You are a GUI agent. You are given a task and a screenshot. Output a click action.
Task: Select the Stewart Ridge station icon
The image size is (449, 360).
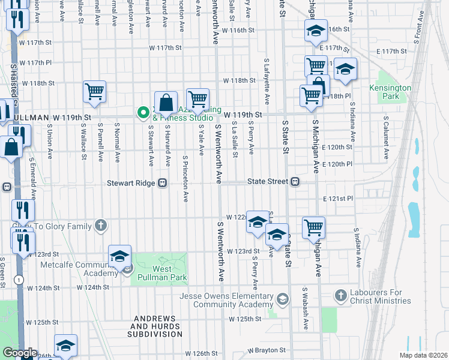coord(162,183)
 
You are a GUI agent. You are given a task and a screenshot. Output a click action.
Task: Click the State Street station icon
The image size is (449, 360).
coord(295,182)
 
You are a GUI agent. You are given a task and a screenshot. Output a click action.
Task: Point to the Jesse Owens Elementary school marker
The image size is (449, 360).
coord(282,299)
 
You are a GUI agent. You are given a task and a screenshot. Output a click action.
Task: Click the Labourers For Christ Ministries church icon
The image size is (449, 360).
coord(341,295)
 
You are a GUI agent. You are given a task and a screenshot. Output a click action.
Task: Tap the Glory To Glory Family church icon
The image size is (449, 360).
coord(101,226)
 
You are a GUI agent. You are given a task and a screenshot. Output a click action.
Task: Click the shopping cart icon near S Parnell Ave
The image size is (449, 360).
coord(95,92)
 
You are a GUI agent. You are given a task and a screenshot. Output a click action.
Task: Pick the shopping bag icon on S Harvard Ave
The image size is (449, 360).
coord(166,103)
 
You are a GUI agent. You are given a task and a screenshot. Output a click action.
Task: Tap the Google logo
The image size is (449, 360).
coord(20,353)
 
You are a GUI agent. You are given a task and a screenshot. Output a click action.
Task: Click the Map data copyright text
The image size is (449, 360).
coord(423,355)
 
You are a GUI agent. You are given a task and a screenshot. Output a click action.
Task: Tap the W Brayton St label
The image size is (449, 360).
coord(268,349)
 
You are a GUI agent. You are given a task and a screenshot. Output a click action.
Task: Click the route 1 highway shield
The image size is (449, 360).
coord(20,279)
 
